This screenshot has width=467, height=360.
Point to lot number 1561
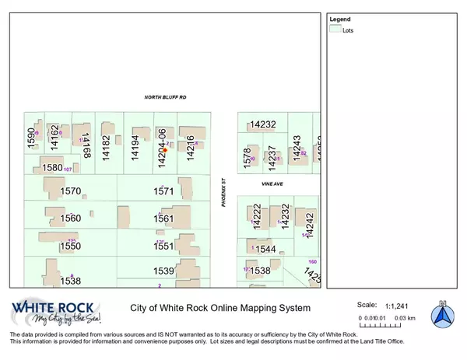(x=163, y=218)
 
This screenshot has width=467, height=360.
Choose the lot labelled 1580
(x=52, y=167)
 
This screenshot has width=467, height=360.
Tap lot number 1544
(x=266, y=250)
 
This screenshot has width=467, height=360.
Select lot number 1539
(x=163, y=271)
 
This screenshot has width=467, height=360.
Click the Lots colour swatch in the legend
(x=335, y=29)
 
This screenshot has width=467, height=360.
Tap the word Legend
(x=341, y=18)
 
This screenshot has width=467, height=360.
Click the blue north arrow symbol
(x=442, y=315)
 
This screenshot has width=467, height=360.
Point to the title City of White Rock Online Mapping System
(x=213, y=308)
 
